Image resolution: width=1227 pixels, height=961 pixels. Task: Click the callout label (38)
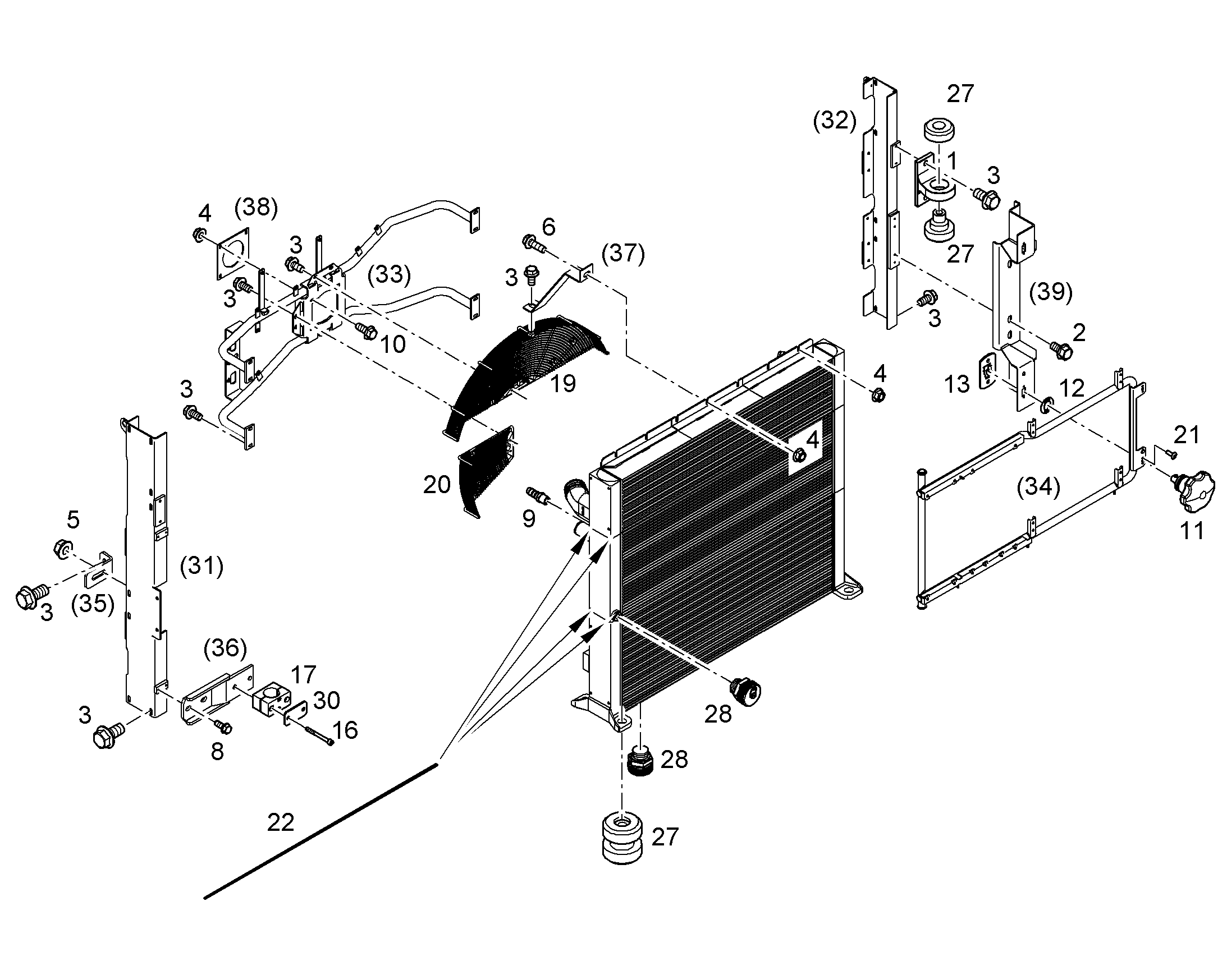tap(256, 207)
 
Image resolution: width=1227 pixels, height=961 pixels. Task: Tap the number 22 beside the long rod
tap(280, 823)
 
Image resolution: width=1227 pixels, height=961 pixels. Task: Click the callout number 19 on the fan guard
tap(563, 384)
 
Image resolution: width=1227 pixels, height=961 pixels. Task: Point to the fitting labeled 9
tap(539, 496)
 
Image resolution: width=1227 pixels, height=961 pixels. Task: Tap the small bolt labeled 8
tap(222, 727)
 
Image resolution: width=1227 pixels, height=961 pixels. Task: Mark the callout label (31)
tap(202, 566)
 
